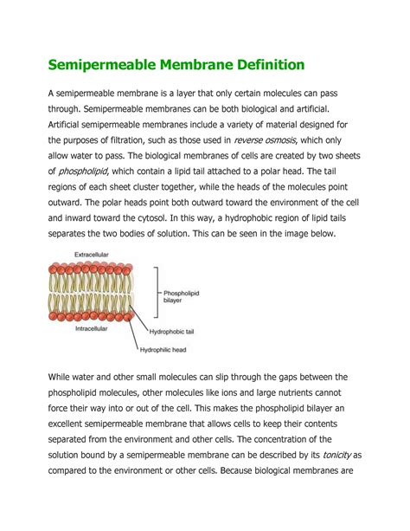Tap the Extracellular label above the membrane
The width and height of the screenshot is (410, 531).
pyautogui.click(x=89, y=256)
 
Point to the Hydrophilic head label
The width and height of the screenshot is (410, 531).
pyautogui.click(x=164, y=350)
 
